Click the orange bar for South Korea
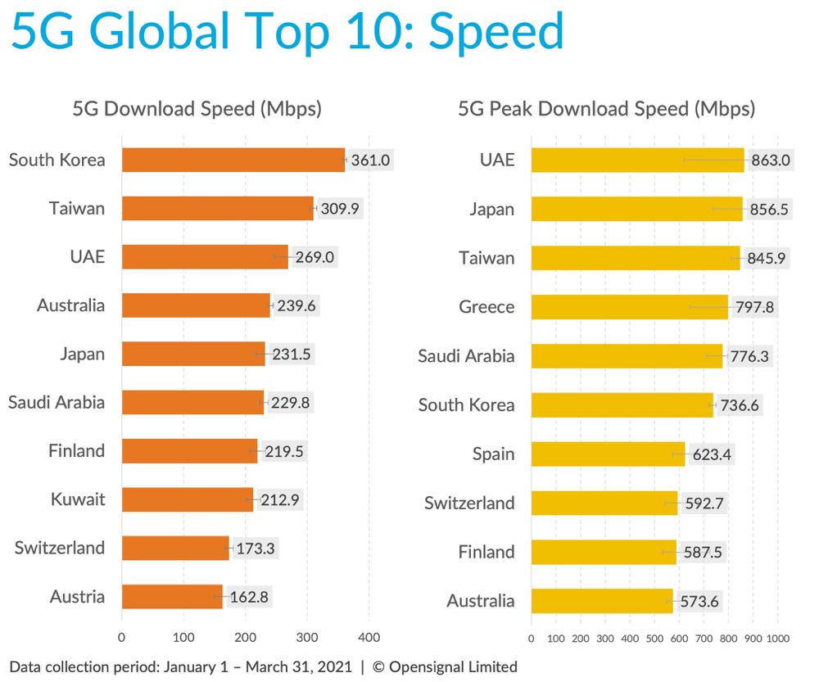point(233,160)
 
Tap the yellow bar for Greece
point(629,307)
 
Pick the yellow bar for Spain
point(608,454)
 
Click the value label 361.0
point(370,160)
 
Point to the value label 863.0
point(771,160)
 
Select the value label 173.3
point(256,548)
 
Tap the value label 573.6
point(699,601)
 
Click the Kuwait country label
point(78,499)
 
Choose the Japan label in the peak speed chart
point(491,210)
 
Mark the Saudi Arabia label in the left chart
point(57,402)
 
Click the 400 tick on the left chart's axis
point(369,636)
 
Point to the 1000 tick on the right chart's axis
point(777,637)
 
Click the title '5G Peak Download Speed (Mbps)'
point(607,109)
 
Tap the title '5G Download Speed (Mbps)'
point(197,109)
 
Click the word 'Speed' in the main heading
point(496,33)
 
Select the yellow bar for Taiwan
point(636,258)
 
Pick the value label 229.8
point(291,402)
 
